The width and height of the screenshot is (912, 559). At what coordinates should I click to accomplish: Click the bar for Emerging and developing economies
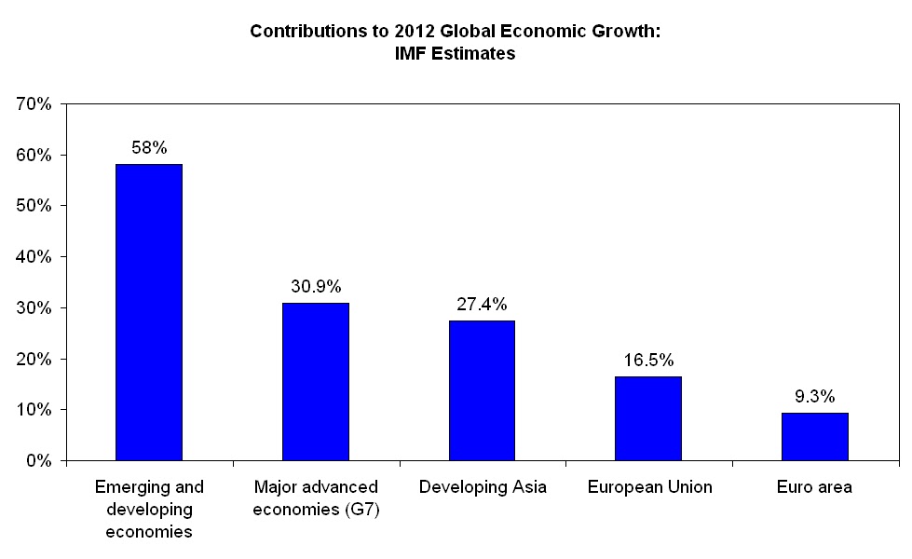pyautogui.click(x=148, y=312)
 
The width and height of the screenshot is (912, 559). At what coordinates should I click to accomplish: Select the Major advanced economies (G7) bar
pyautogui.click(x=315, y=381)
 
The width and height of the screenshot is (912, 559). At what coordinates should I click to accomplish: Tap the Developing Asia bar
pyautogui.click(x=482, y=390)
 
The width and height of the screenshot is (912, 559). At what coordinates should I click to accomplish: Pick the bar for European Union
pyautogui.click(x=648, y=418)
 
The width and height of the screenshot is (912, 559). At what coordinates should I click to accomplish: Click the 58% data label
pyautogui.click(x=149, y=147)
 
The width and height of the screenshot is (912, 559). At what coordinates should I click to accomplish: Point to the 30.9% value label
pyautogui.click(x=315, y=286)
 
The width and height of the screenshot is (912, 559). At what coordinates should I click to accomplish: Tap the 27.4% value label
pyautogui.click(x=482, y=304)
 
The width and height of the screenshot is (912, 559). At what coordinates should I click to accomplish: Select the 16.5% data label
pyautogui.click(x=648, y=360)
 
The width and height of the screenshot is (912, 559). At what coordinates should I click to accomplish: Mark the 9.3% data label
pyautogui.click(x=815, y=396)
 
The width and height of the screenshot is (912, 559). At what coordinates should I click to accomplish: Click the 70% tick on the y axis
pyautogui.click(x=34, y=103)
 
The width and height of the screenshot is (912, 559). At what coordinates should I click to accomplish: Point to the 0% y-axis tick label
pyautogui.click(x=38, y=460)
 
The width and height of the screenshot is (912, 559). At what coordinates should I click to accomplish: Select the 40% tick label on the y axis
pyautogui.click(x=34, y=256)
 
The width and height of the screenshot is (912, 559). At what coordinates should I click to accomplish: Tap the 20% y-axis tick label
pyautogui.click(x=34, y=359)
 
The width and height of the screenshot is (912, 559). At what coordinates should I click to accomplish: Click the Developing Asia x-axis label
pyautogui.click(x=482, y=487)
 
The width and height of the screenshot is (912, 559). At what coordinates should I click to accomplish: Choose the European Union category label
pyautogui.click(x=648, y=487)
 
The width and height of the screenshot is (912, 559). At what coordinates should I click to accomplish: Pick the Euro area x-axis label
pyautogui.click(x=815, y=487)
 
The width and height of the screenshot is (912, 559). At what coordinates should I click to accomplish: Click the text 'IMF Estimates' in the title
pyautogui.click(x=456, y=54)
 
